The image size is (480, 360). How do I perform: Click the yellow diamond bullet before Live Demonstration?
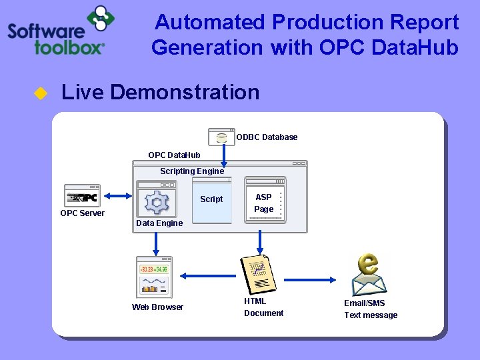[40, 93]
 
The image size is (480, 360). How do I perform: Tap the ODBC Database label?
[267, 137]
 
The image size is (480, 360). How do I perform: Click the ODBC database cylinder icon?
[221, 137]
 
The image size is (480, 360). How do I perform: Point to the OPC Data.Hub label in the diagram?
[174, 155]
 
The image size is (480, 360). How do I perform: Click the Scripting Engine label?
[192, 171]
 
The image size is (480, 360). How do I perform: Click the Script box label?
[211, 199]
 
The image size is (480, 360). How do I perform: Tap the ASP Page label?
[263, 203]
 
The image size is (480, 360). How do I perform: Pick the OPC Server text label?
[82, 213]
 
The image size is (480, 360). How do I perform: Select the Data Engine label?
[159, 223]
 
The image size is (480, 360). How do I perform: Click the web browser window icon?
[154, 277]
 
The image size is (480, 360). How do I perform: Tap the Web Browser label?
[157, 307]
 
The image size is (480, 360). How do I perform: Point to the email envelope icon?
[369, 275]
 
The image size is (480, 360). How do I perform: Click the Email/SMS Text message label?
[370, 309]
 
